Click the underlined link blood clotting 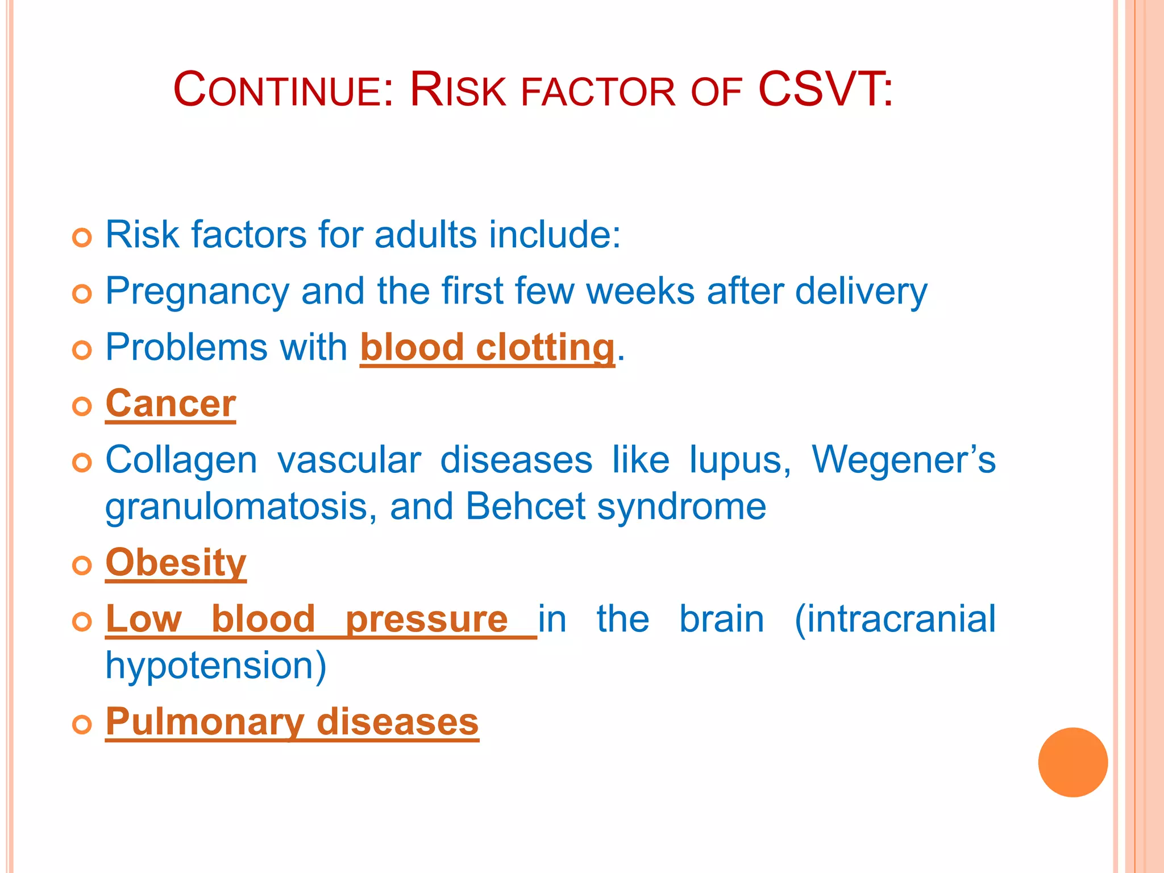487,347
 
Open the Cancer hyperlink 171,404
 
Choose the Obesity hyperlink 176,563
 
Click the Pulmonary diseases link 292,722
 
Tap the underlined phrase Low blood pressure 307,619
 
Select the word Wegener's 903,460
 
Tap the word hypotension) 216,666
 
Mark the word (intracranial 895,619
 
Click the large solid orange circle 1072,762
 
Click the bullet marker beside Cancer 82,406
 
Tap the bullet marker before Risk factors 82,238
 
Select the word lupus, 739,460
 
